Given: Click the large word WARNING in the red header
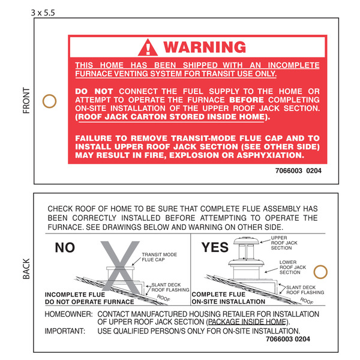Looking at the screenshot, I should [204, 47].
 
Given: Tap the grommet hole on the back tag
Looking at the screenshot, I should [321, 271].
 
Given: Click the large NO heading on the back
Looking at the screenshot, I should [65, 247].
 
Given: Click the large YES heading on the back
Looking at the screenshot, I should [214, 247].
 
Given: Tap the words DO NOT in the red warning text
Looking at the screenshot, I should [93, 91].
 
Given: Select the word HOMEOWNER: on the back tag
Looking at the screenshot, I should [68, 313].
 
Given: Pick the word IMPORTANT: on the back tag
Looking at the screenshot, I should [65, 331].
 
